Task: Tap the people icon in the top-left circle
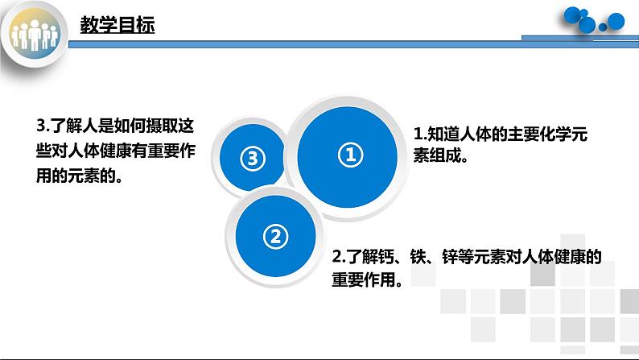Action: pos(36,36)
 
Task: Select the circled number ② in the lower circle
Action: pos(274,236)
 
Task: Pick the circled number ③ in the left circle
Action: pos(252,159)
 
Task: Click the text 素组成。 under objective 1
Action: pos(440,157)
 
